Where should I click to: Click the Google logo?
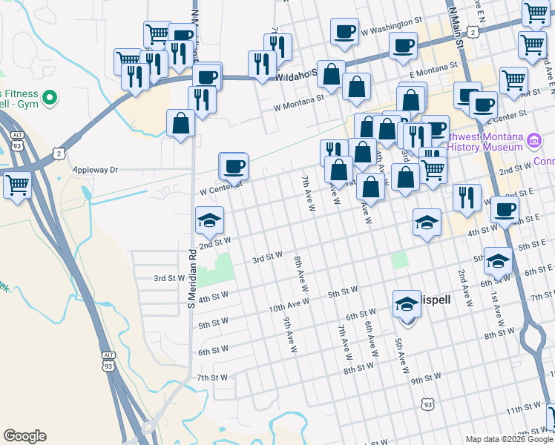pos(25,436)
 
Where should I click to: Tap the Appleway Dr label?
pos(95,170)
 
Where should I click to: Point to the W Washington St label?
pos(390,32)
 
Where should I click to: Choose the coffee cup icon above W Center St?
pos(234,166)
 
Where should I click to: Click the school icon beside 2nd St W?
pos(209,220)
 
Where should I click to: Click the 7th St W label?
pos(212,378)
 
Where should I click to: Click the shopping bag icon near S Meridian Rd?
pos(181,123)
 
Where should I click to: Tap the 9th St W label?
pos(426,380)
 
